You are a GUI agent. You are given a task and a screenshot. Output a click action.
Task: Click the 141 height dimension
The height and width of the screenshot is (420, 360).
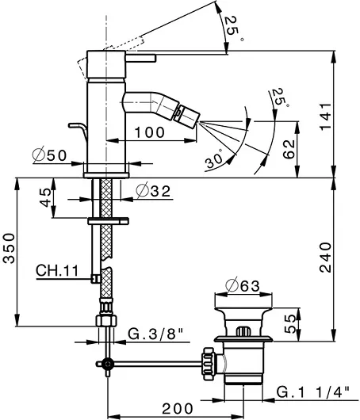326,116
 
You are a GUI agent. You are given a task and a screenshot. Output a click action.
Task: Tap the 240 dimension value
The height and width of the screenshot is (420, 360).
326,258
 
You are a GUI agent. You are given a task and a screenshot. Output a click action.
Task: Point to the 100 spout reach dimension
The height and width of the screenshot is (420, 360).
149,132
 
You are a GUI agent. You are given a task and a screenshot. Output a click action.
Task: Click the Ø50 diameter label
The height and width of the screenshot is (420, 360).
49,155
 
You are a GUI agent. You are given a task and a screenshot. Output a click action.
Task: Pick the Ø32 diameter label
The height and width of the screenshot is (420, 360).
153,191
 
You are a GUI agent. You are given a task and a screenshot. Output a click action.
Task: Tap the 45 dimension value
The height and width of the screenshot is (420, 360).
45,197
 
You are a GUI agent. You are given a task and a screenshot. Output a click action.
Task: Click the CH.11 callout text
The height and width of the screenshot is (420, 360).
57,270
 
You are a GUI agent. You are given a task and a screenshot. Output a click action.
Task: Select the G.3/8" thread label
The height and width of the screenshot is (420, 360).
155,334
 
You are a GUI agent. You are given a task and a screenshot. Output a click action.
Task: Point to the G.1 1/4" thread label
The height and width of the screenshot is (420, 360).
313,392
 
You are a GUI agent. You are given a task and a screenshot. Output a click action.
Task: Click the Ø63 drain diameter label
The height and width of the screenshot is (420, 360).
243,286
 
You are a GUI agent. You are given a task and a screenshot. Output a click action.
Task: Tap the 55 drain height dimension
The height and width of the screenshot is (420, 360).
289,324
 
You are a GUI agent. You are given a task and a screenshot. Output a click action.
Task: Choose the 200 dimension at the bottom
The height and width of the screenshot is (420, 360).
178,409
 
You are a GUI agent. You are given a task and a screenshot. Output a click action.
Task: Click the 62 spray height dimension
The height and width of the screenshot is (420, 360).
289,150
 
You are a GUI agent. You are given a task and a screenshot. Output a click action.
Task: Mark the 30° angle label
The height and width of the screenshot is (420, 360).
214,160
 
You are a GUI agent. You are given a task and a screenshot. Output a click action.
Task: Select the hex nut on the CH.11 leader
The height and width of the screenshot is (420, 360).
95,279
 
